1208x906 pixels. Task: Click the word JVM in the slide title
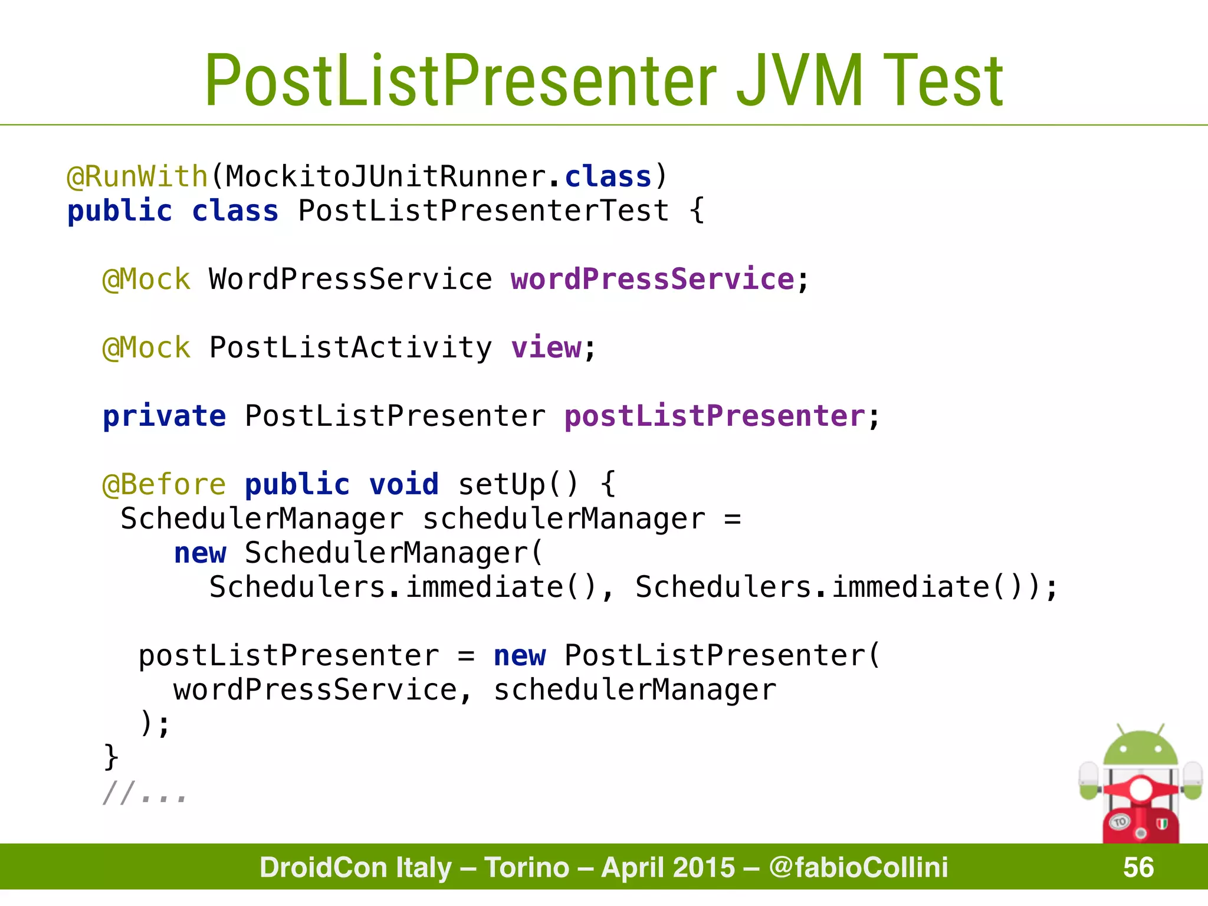click(800, 81)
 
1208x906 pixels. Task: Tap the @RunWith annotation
click(137, 177)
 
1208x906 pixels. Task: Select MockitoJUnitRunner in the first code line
click(386, 177)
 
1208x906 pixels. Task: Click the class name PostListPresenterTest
click(483, 211)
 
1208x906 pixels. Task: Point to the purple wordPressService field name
click(652, 279)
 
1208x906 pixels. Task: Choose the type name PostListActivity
click(350, 347)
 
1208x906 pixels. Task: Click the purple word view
click(546, 347)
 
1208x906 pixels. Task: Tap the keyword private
click(164, 416)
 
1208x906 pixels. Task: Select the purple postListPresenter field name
click(714, 416)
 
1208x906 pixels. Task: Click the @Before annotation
click(164, 485)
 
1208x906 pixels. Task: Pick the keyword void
click(404, 485)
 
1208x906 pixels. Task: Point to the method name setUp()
click(518, 485)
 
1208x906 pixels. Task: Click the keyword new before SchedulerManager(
click(200, 553)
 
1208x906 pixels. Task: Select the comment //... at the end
click(145, 793)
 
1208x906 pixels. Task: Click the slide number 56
click(1138, 868)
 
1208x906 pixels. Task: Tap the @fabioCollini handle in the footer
click(858, 868)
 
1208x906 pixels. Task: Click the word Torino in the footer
click(527, 868)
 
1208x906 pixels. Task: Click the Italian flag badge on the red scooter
click(1161, 824)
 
